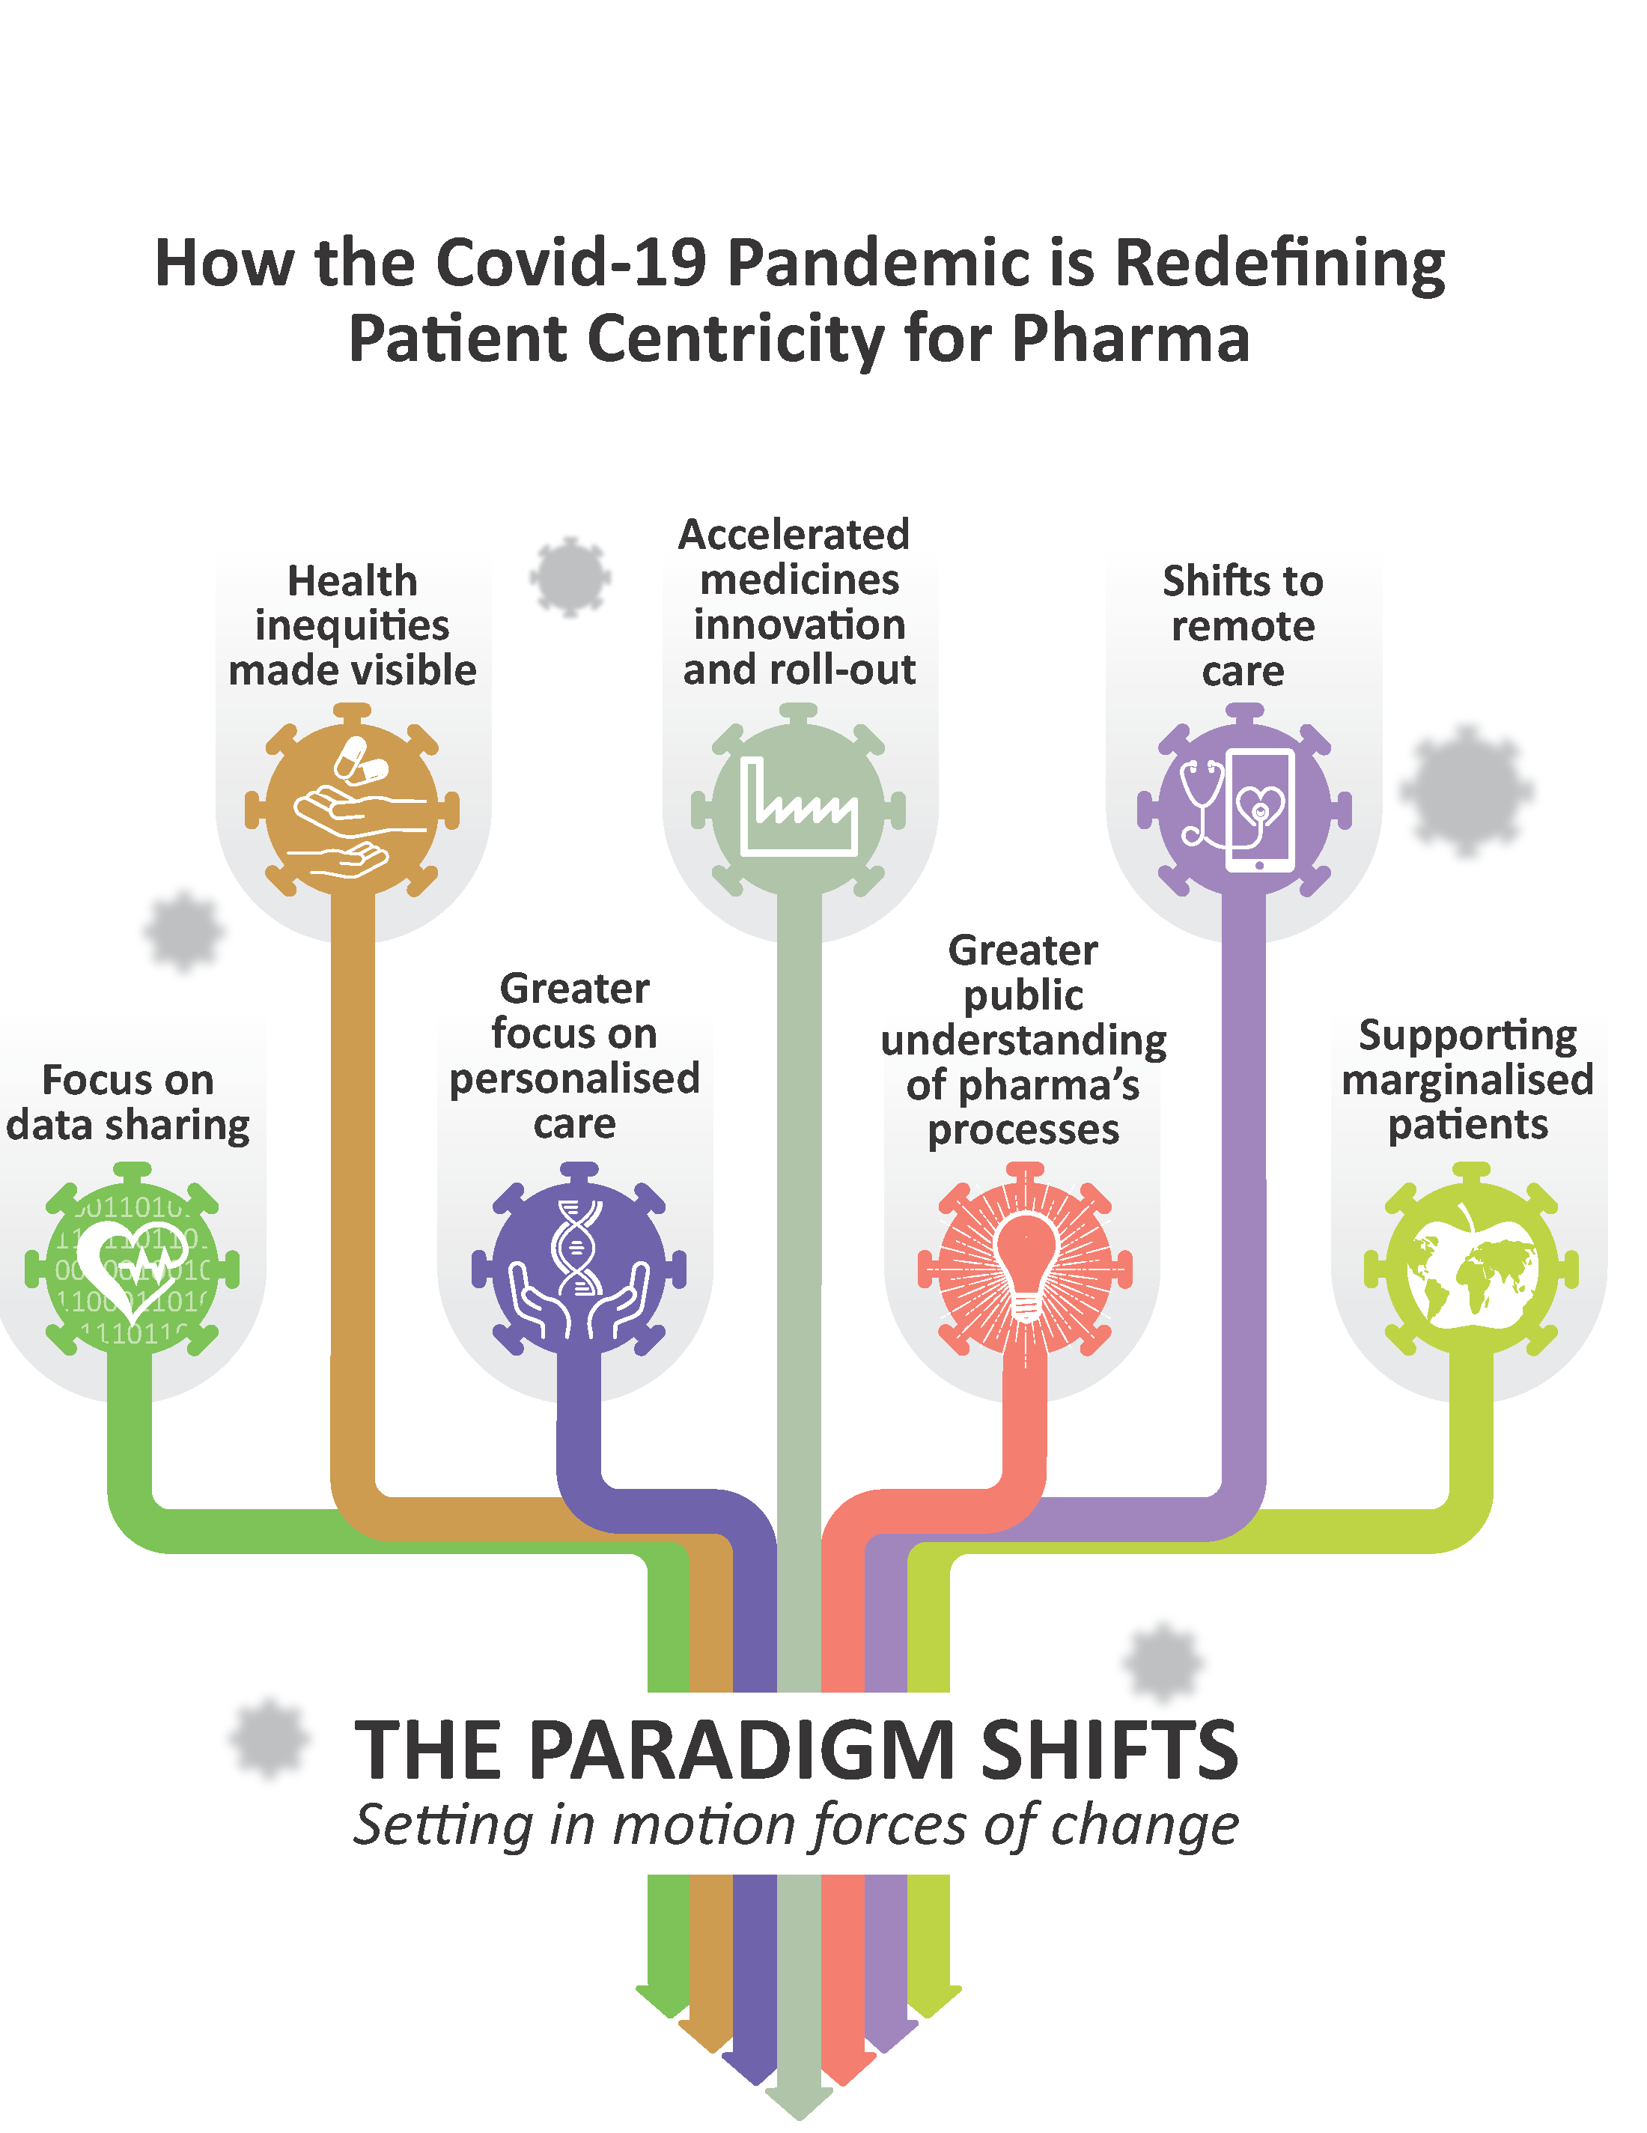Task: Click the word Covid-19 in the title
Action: (571, 264)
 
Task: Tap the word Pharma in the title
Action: (1130, 339)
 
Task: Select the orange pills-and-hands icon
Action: (353, 809)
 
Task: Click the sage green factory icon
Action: (799, 809)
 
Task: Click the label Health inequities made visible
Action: (353, 626)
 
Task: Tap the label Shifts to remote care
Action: (1243, 626)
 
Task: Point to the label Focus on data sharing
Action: (128, 1102)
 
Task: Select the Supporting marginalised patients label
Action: (1467, 1080)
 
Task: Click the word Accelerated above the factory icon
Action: (794, 534)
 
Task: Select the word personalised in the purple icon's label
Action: (575, 1079)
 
